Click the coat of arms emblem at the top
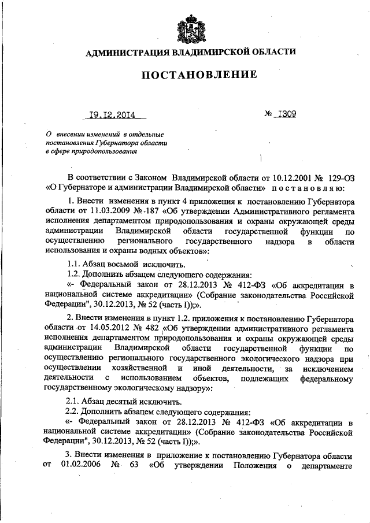186,26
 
